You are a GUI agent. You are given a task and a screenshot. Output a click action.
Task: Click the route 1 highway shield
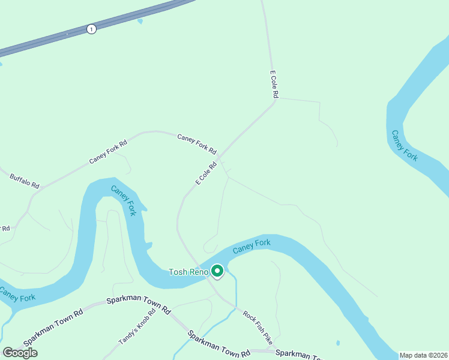91,29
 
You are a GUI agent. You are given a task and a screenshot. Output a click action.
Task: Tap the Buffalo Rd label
25,181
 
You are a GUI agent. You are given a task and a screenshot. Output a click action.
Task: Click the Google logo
20,353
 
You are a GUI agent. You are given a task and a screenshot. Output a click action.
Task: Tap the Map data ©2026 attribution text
424,355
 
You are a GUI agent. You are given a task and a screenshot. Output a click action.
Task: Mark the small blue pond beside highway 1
140,22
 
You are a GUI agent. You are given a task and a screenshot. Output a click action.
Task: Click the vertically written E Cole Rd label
274,85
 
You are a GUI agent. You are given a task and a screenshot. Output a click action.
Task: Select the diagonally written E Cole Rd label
205,173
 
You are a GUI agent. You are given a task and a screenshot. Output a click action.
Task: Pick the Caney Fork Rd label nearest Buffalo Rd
108,152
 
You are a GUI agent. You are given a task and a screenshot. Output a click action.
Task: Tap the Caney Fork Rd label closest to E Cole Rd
197,144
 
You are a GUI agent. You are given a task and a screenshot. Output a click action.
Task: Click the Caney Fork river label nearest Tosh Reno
252,246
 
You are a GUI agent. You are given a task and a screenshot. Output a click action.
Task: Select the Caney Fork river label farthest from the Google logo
404,145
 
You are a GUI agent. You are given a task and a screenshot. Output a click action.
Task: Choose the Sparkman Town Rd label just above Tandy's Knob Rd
139,304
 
